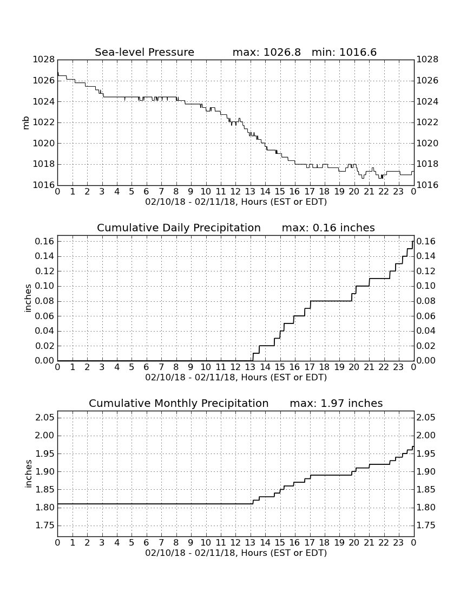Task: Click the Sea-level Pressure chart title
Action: (144, 52)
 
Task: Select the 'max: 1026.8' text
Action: (266, 52)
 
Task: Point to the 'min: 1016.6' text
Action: (344, 52)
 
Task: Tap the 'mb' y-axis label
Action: (26, 123)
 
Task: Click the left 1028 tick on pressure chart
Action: (44, 59)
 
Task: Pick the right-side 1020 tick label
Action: (428, 143)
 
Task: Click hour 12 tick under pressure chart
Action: (236, 191)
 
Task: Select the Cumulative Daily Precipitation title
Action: (179, 228)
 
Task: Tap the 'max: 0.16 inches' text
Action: (328, 228)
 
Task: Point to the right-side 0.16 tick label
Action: (426, 241)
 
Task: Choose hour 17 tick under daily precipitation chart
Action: (310, 367)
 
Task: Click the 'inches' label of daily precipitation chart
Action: (28, 298)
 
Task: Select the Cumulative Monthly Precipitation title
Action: (179, 403)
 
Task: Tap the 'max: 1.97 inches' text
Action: (336, 403)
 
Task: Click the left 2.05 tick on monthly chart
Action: (45, 418)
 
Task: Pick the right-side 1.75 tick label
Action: (426, 526)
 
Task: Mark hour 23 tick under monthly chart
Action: (398, 542)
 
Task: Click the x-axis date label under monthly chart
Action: (236, 553)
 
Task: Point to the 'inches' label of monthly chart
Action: (28, 474)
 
